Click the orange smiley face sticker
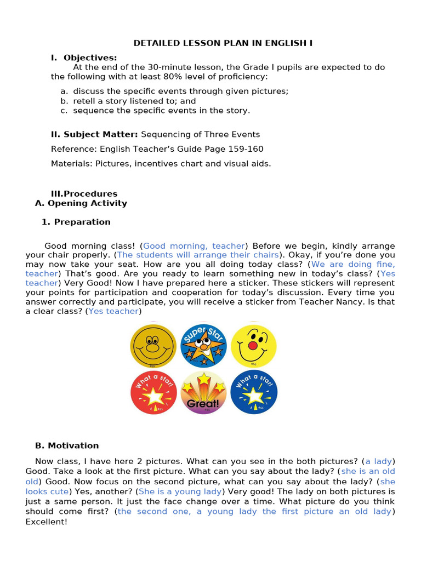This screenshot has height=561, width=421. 153,346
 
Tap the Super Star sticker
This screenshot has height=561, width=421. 203,346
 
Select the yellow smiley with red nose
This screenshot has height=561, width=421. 253,346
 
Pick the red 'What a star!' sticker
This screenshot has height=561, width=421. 153,392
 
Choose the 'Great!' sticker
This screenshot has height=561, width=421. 203,392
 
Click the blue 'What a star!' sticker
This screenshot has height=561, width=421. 253,392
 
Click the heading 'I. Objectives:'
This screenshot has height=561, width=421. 84,58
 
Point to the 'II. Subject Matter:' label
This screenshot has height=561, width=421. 94,134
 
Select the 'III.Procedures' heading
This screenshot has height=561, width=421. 84,193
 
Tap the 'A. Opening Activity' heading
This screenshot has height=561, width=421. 81,203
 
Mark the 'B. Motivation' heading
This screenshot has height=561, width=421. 67,445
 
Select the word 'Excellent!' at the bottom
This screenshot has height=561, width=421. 46,522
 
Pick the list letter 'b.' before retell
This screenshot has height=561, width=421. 64,101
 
